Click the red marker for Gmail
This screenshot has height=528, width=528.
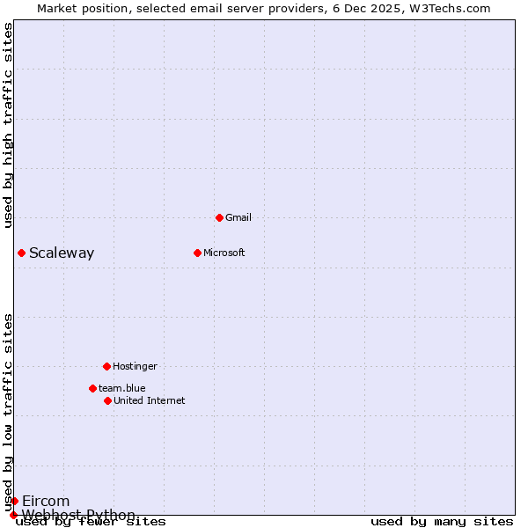tap(219, 217)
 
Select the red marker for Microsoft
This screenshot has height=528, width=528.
tap(197, 253)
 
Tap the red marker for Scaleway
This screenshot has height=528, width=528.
tap(21, 253)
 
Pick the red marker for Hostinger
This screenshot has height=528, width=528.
tap(106, 366)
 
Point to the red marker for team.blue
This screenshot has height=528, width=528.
tap(92, 388)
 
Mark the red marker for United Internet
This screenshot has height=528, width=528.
tap(107, 400)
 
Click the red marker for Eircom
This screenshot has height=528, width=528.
tap(14, 501)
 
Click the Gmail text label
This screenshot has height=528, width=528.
tap(238, 217)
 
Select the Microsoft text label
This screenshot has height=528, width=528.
tap(224, 253)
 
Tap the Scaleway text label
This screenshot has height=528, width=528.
tap(62, 253)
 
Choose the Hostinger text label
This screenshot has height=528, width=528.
tap(135, 366)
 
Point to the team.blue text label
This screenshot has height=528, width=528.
tap(122, 388)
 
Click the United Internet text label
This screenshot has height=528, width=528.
tap(150, 400)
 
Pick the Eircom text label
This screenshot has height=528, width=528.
tap(46, 502)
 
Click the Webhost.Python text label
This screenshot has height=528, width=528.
tap(79, 515)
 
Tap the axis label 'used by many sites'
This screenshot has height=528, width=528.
tap(442, 522)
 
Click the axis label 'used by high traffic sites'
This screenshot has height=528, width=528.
tap(8, 125)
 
